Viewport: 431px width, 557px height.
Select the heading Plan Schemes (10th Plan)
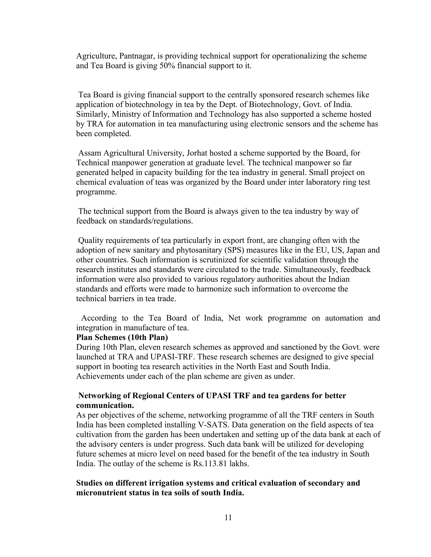click(122, 337)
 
